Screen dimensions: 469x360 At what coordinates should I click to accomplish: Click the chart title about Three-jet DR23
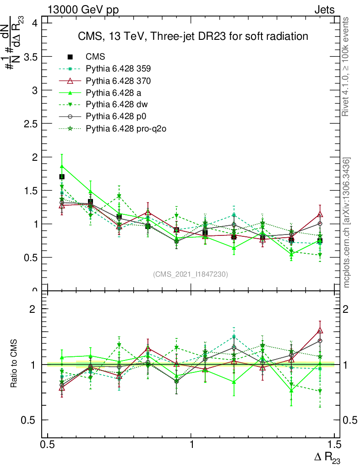coord(192,36)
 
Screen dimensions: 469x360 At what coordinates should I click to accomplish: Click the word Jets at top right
coord(324,10)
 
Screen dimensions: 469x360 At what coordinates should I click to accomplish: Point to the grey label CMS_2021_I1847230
coord(190,274)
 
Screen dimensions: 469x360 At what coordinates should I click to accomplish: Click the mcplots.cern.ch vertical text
coord(347,223)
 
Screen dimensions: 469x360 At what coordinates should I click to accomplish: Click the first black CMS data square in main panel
coord(62,177)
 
